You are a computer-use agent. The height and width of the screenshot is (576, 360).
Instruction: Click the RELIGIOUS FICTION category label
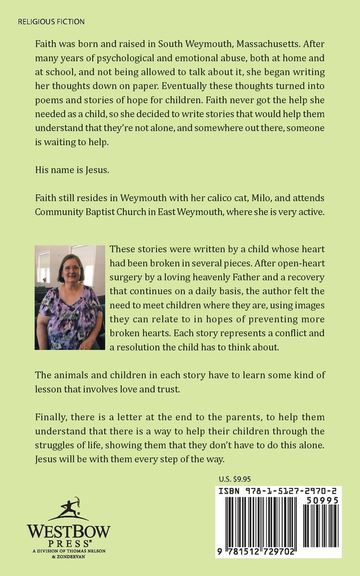point(51,22)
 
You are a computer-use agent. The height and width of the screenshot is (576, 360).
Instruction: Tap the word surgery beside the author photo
point(127,278)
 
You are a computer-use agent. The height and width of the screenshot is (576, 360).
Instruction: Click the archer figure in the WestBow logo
point(68,508)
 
